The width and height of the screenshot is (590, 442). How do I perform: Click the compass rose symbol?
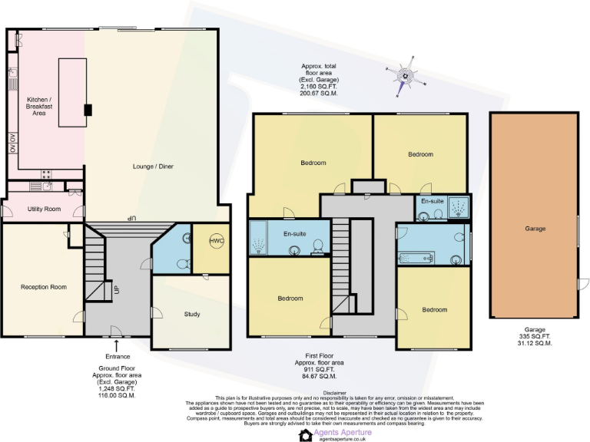point(403,76)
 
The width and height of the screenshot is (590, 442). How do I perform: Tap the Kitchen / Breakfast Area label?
point(38,106)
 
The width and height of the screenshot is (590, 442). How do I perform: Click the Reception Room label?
point(43,287)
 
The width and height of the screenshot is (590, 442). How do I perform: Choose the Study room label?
point(192,314)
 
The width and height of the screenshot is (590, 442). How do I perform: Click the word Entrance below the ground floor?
point(118,356)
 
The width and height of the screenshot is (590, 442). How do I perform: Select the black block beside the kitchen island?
point(88,110)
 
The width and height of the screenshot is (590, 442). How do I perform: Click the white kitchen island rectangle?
point(71,92)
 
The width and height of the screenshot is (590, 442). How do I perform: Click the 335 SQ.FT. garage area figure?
point(535,336)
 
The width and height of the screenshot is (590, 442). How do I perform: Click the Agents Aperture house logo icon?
point(305,434)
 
